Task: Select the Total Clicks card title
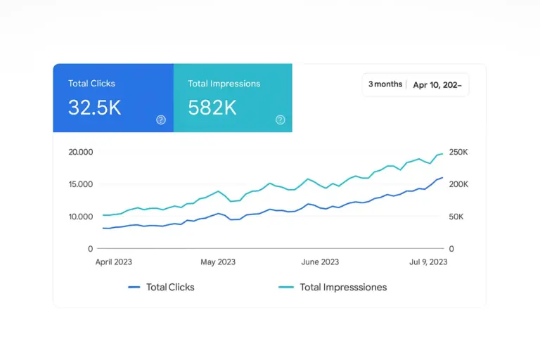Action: pyautogui.click(x=91, y=84)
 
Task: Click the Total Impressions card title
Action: pyautogui.click(x=224, y=84)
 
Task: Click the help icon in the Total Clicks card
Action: pyautogui.click(x=160, y=120)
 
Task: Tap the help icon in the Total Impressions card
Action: pyautogui.click(x=281, y=120)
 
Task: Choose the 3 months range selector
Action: pyautogui.click(x=385, y=84)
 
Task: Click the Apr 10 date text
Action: pyautogui.click(x=437, y=85)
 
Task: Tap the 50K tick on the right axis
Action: pyautogui.click(x=456, y=217)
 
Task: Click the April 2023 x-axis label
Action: pyautogui.click(x=113, y=262)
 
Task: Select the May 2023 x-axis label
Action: pyautogui.click(x=218, y=262)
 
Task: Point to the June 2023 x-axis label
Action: pyautogui.click(x=320, y=262)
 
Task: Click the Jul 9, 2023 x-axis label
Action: pyautogui.click(x=427, y=262)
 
